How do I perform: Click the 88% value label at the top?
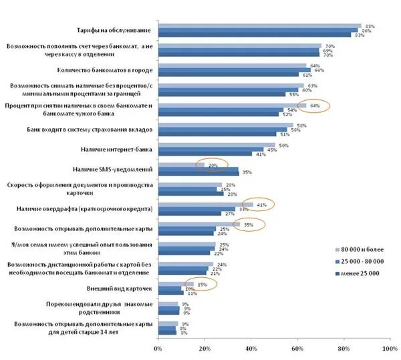click(x=370, y=26)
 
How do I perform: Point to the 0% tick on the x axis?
click(x=158, y=349)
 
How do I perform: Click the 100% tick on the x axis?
click(x=389, y=349)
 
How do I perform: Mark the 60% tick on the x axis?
click(x=297, y=349)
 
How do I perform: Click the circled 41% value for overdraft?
click(x=262, y=204)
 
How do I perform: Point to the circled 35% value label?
click(x=248, y=224)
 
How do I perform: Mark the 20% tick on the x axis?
click(x=204, y=349)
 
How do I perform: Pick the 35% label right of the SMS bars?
click(x=247, y=173)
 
